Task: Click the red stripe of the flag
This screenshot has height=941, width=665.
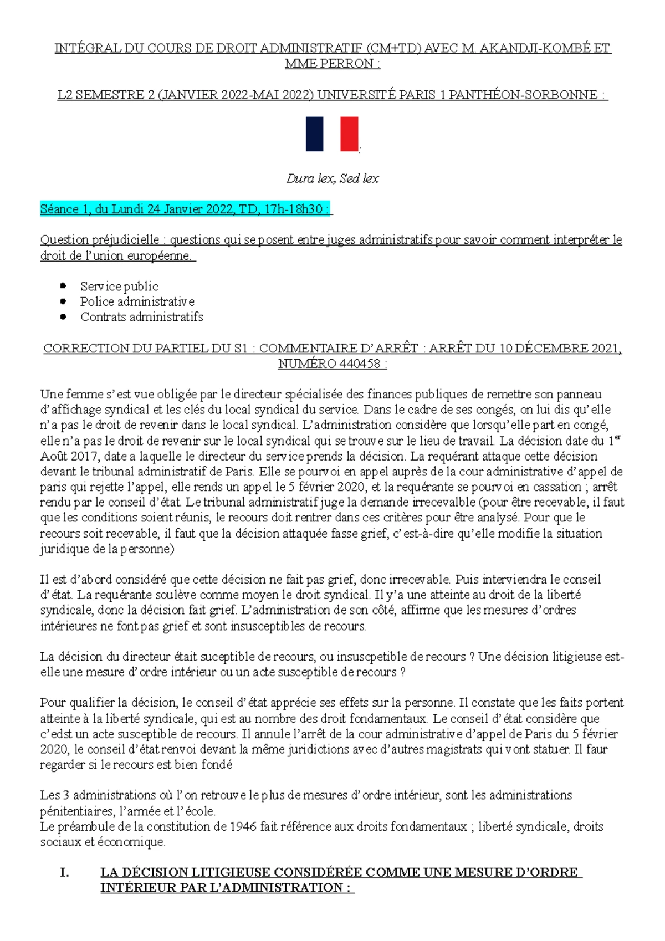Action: coord(349,134)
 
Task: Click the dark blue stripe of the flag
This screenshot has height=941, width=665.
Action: coord(314,134)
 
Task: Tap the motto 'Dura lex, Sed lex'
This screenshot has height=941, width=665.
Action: coord(332,178)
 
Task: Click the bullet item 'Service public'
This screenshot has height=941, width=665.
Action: coord(119,287)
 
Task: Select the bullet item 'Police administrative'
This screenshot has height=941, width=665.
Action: coord(137,302)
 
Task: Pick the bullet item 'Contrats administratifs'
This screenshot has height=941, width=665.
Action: coord(142,317)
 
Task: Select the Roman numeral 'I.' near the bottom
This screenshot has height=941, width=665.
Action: coord(64,872)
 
